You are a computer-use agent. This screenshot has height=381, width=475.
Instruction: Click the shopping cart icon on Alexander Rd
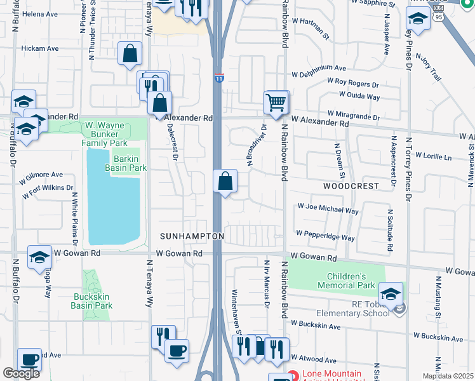coord(276,102)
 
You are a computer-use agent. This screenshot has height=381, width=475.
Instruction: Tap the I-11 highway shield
coord(218,77)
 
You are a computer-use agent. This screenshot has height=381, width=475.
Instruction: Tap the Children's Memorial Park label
coord(346,281)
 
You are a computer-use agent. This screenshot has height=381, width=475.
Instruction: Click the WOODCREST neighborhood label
coord(351,186)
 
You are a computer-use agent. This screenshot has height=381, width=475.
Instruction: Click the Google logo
coord(21,373)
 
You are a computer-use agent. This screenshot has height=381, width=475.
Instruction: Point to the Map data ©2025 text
coord(448,376)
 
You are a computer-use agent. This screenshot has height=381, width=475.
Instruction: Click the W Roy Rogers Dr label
coord(352,83)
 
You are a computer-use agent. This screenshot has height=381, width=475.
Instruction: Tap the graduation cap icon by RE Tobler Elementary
coord(391,293)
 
